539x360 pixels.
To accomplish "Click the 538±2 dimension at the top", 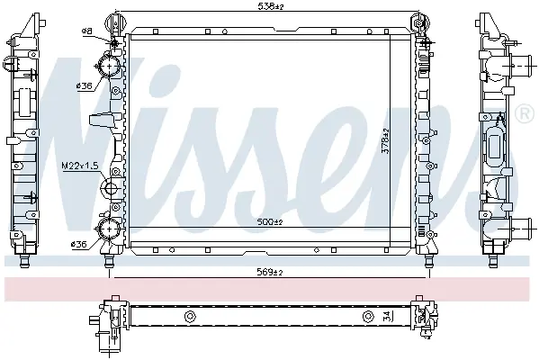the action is point(271,6).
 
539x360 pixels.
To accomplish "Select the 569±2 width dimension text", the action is point(270,273).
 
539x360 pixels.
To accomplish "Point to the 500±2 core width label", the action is point(270,222).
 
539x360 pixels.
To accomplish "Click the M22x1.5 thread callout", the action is point(80,166).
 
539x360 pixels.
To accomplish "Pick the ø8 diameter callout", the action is point(87,31).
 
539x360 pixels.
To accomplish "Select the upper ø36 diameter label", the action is point(85,86).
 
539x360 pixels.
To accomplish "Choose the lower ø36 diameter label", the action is point(78,245).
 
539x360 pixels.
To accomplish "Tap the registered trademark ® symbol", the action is point(525,113).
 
